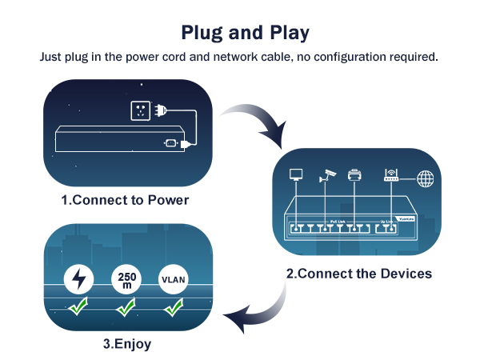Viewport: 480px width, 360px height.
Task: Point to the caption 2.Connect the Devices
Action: pos(359,273)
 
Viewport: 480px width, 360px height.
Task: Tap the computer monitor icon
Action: pos(296,174)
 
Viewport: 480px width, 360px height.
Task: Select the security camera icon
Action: pos(326,174)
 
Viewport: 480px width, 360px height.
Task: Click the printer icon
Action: pos(355,175)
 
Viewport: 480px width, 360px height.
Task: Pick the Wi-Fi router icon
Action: pos(390,174)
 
